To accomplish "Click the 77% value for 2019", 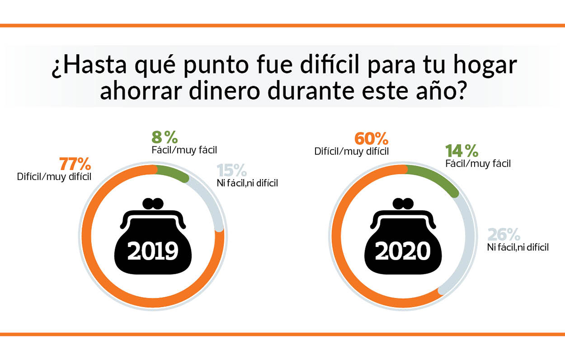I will point(74,165).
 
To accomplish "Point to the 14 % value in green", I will point(461,151).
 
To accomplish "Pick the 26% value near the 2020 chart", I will point(504,234).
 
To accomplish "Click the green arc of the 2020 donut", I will point(436,179).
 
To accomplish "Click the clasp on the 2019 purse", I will point(153,204).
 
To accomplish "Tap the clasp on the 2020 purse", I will point(403,204).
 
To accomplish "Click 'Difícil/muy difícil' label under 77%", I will point(54,177).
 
